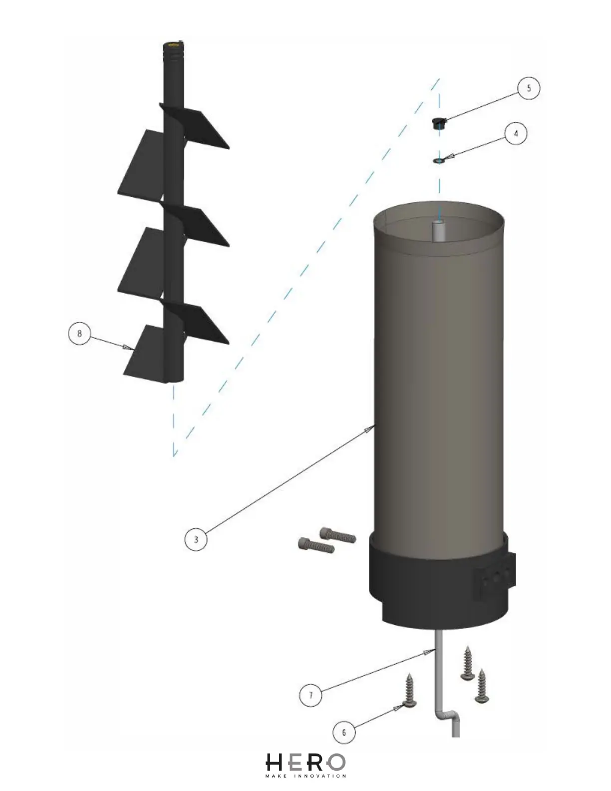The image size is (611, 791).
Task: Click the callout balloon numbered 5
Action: pyautogui.click(x=529, y=89)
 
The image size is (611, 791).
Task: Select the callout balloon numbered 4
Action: pyautogui.click(x=516, y=133)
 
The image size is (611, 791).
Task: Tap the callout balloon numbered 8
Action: pyautogui.click(x=80, y=333)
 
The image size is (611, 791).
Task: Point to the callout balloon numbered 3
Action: pyautogui.click(x=196, y=539)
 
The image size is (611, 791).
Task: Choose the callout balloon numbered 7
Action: pyautogui.click(x=311, y=695)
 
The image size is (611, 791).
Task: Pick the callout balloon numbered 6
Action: pyautogui.click(x=344, y=733)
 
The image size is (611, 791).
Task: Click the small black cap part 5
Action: pyautogui.click(x=438, y=122)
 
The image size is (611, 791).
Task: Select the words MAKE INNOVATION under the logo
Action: pyautogui.click(x=305, y=776)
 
